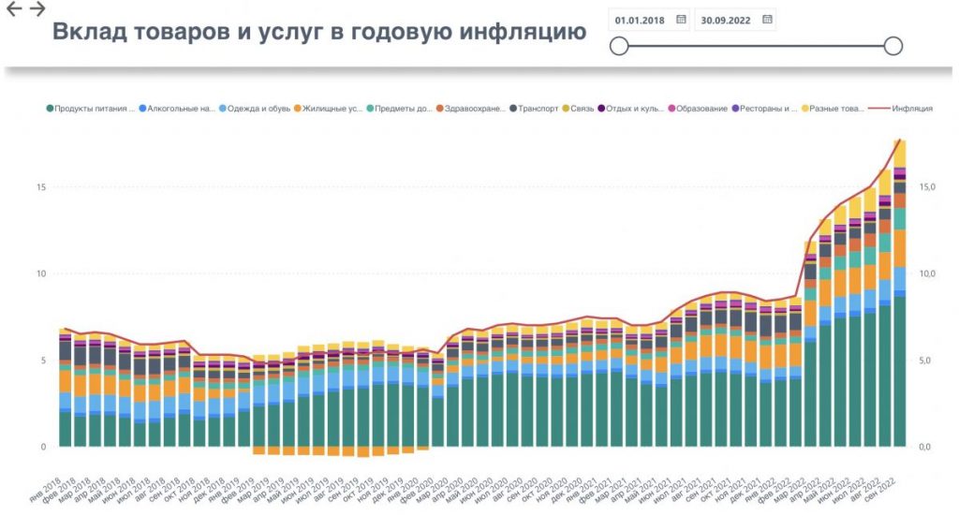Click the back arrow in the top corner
coord(14,9)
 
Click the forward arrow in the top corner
coord(37,9)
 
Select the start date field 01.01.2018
coord(639,19)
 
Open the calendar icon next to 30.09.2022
coord(767,19)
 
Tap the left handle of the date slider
coord(618,46)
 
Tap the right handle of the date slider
coord(893,46)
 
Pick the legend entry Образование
coord(701,109)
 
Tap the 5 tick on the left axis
coord(42,361)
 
